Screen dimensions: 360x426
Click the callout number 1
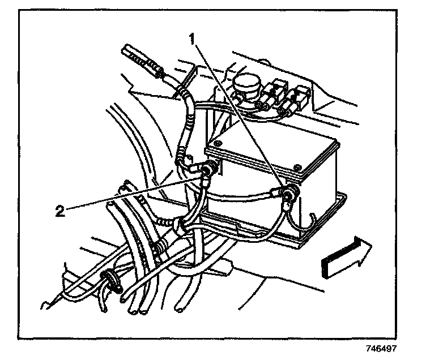pos(193,40)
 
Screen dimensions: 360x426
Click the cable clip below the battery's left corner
pos(181,225)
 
